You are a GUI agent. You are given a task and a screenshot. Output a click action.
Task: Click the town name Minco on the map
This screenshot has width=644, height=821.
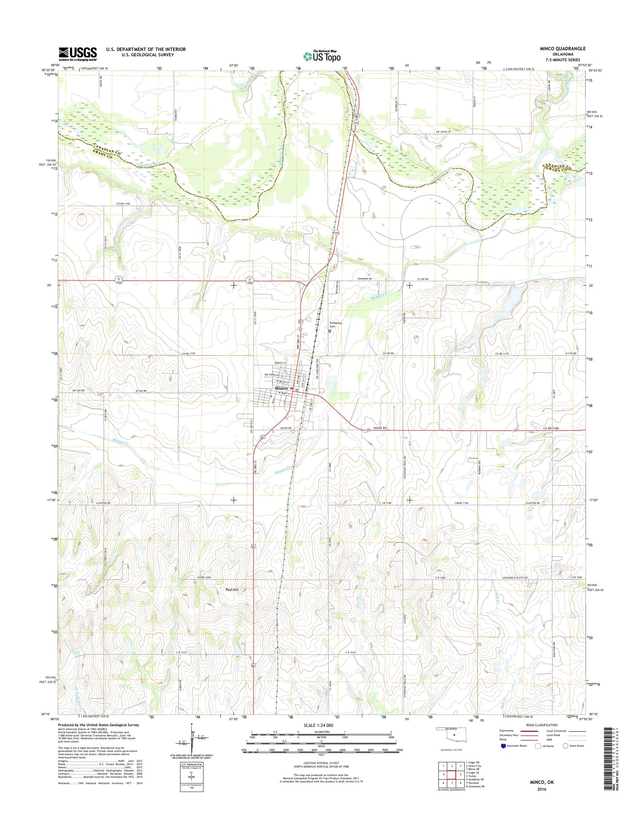click(x=281, y=388)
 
